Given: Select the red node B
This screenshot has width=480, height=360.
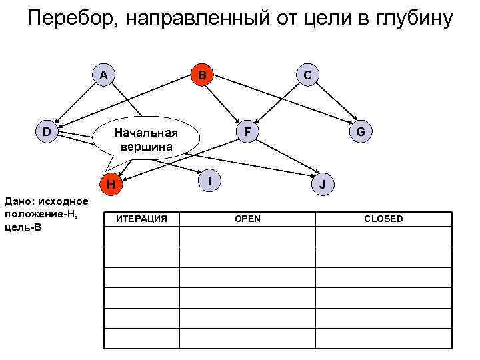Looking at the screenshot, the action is [200, 75].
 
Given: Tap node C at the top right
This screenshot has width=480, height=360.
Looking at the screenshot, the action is [306, 75].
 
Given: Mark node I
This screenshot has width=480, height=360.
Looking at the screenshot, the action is [210, 181].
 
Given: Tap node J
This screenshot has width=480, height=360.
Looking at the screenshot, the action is [323, 184].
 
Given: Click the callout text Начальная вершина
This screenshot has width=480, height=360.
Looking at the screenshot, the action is [147, 138].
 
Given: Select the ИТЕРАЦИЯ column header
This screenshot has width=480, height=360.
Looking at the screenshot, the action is [141, 219].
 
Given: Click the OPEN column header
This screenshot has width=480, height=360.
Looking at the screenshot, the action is [247, 219].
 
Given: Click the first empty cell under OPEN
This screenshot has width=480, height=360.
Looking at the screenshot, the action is [247, 238].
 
